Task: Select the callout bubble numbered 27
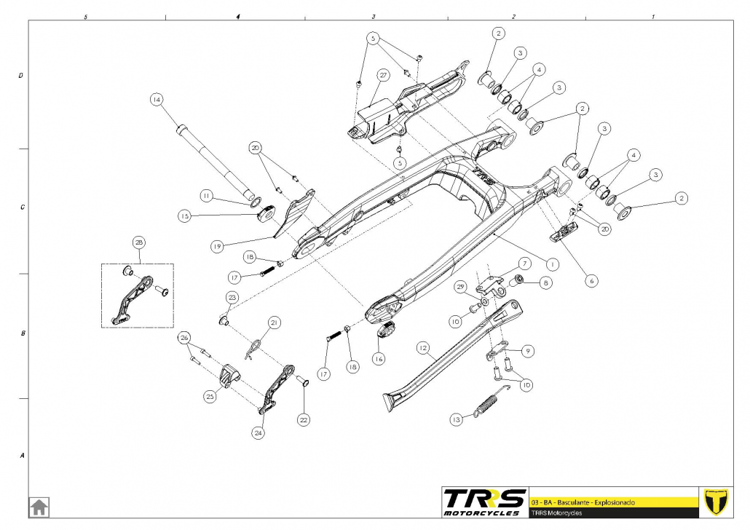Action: point(383,75)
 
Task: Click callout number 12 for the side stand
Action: point(423,348)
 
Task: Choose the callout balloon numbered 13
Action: point(457,420)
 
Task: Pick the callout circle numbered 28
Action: point(139,242)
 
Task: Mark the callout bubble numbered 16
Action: point(378,358)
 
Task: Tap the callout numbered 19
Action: point(217,247)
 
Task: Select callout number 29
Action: point(459,288)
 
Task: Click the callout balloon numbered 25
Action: point(210,397)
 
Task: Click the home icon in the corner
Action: point(39,506)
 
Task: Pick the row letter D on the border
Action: point(21,75)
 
